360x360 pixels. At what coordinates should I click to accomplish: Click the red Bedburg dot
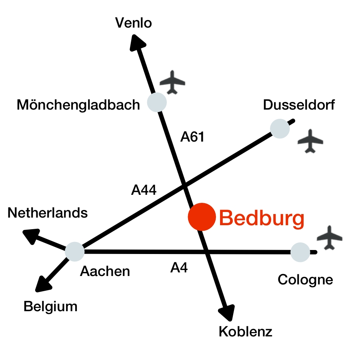[x=202, y=217]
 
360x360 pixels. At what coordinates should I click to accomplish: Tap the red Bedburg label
[x=262, y=219]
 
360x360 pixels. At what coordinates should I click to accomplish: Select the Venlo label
[x=133, y=23]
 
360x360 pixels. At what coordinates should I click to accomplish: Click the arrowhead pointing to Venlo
[x=137, y=43]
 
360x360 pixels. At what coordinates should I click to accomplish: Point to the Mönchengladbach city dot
[x=157, y=102]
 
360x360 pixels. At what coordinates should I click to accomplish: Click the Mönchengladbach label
[x=78, y=105]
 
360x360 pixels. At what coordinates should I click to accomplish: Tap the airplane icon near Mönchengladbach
[x=172, y=82]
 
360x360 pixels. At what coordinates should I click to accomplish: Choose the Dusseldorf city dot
[x=280, y=129]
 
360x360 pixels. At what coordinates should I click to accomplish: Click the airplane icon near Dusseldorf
[x=310, y=141]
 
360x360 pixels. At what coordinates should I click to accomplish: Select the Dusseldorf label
[x=299, y=105]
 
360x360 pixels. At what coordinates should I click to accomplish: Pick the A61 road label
[x=192, y=137]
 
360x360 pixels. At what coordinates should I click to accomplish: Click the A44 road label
[x=144, y=190]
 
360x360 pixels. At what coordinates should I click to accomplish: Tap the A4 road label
[x=179, y=268]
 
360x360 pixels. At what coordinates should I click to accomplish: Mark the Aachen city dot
[x=75, y=252]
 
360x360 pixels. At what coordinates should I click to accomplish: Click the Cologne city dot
[x=300, y=252]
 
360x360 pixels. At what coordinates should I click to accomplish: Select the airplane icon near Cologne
[x=330, y=238]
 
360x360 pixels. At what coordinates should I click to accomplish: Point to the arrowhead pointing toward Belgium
[x=43, y=284]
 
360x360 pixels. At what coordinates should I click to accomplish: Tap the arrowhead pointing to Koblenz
[x=227, y=313]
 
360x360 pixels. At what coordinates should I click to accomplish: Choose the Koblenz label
[x=246, y=332]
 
